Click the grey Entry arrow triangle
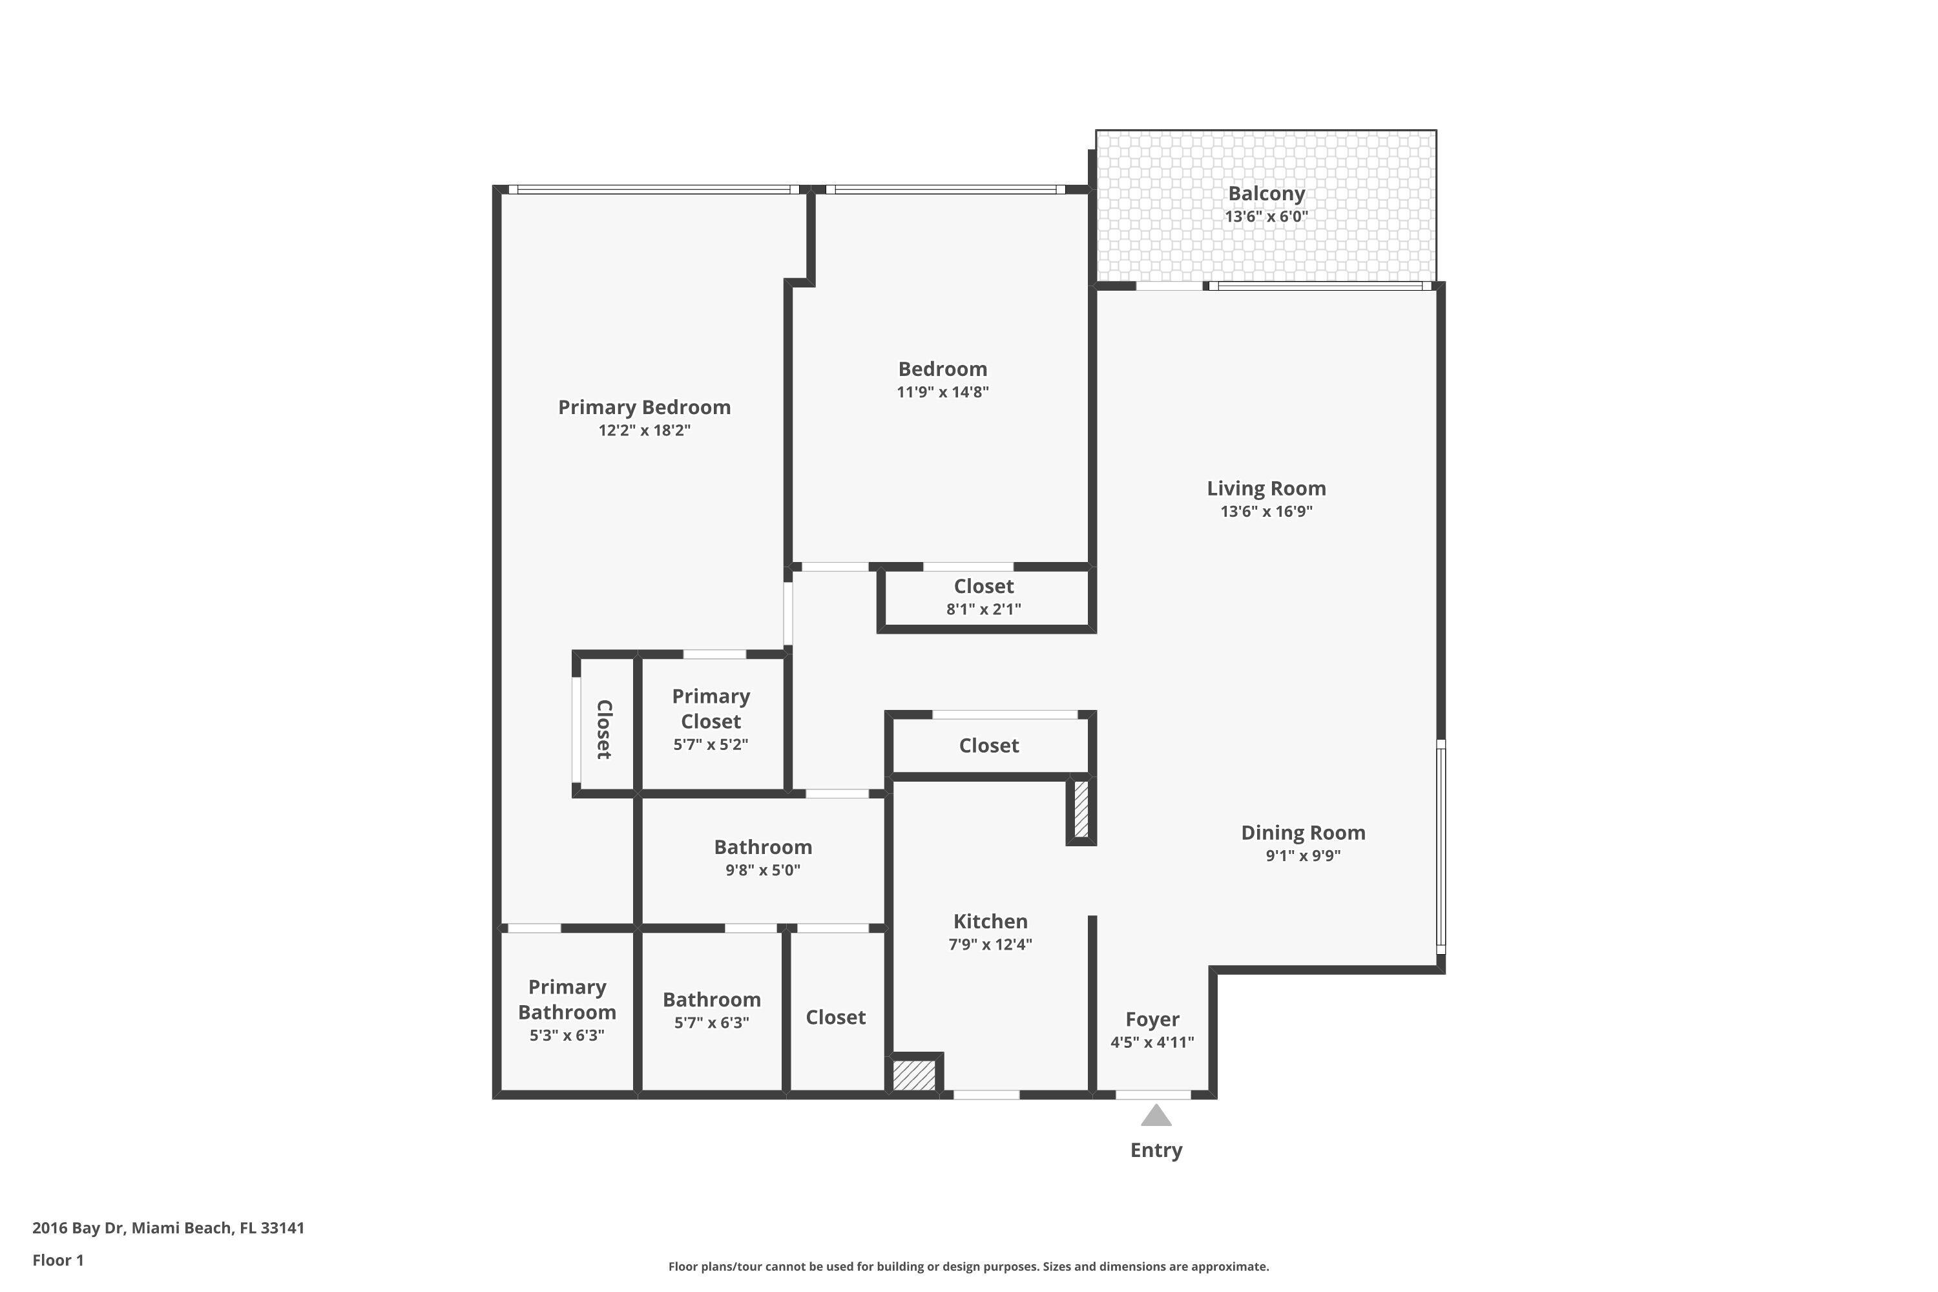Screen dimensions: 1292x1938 coord(1156,1116)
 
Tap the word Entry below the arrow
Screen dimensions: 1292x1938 coord(1156,1151)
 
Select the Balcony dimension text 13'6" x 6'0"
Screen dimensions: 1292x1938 coord(1266,216)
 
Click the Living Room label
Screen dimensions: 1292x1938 coord(1266,488)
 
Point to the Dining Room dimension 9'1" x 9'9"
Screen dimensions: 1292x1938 coord(1303,855)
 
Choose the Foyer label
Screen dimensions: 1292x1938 coord(1152,1019)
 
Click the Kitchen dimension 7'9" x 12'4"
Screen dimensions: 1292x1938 coord(990,944)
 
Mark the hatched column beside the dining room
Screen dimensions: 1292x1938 coord(1081,809)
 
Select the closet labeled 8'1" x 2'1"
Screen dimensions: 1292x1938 coord(983,609)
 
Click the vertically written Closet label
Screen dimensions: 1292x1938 coord(604,729)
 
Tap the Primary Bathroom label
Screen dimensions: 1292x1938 coord(567,999)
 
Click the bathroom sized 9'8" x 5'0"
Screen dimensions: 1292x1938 coord(762,857)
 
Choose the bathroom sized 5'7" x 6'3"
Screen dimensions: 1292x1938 coord(711,1010)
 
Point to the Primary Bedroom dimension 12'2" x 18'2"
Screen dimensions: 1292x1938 coord(644,430)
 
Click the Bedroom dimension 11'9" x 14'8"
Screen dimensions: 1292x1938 coord(943,392)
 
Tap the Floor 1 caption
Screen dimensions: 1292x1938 coord(57,1260)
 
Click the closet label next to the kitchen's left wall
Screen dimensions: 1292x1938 coord(835,1017)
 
